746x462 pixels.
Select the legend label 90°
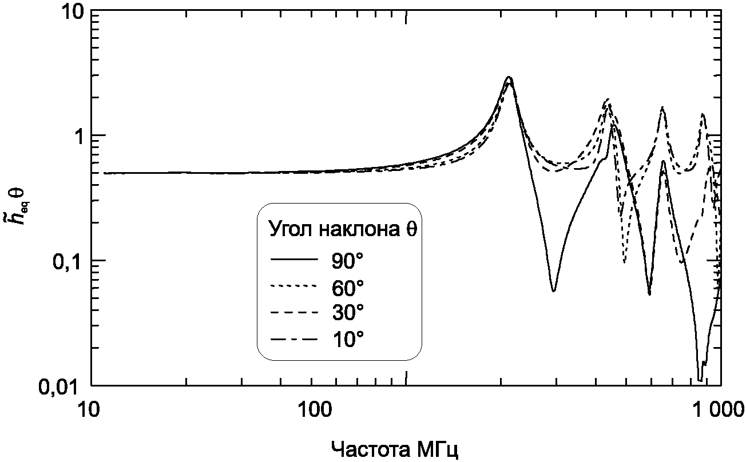[x=347, y=260]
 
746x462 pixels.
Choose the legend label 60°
[x=347, y=286]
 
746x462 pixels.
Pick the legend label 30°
[x=347, y=313]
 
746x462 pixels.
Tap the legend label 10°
[x=347, y=339]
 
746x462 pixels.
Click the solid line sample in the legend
[x=293, y=260]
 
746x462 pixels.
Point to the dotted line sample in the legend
[x=293, y=286]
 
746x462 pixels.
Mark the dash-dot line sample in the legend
[x=293, y=339]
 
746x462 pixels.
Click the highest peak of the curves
[x=509, y=78]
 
